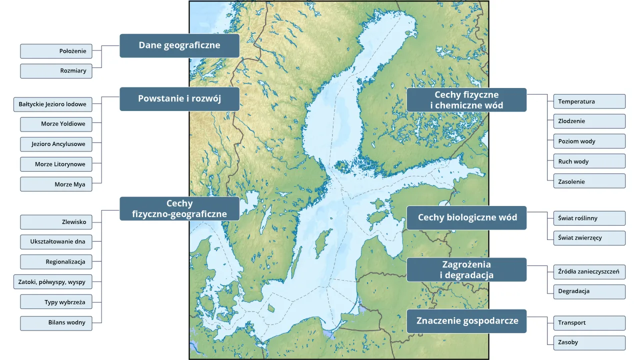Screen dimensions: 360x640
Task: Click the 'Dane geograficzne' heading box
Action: pyautogui.click(x=179, y=45)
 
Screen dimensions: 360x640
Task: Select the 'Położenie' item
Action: pyautogui.click(x=56, y=51)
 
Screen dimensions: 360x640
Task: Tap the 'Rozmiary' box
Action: pyautogui.click(x=56, y=71)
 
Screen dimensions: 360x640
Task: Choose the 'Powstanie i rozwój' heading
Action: pyautogui.click(x=179, y=98)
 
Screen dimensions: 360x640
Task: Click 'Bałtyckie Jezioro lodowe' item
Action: pyautogui.click(x=52, y=104)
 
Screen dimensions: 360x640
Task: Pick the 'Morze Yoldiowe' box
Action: pyautogui.click(x=56, y=124)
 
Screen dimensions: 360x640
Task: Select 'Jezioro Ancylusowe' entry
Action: pyautogui.click(x=56, y=144)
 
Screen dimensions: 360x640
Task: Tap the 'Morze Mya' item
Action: pyautogui.click(x=56, y=184)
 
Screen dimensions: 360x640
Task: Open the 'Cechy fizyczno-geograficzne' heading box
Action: pyautogui.click(x=179, y=209)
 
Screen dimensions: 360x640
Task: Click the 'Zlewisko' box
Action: pyautogui.click(x=56, y=222)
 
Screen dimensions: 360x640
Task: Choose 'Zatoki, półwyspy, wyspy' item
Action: pyautogui.click(x=52, y=282)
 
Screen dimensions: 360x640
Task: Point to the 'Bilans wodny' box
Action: pyautogui.click(x=56, y=323)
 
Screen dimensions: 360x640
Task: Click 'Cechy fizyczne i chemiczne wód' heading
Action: pyautogui.click(x=466, y=100)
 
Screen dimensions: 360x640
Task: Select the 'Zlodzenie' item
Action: pyautogui.click(x=589, y=121)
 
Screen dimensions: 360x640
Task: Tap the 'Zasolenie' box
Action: pyautogui.click(x=589, y=181)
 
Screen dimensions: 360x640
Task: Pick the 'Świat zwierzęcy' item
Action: pyautogui.click(x=589, y=238)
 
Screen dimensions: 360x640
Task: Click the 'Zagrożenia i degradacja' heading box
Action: pyautogui.click(x=466, y=270)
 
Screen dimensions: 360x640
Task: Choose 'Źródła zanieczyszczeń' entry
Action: pyautogui.click(x=589, y=272)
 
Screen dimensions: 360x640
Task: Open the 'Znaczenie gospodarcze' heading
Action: pyautogui.click(x=466, y=321)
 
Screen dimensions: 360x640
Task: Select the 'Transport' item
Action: pyautogui.click(x=589, y=323)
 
